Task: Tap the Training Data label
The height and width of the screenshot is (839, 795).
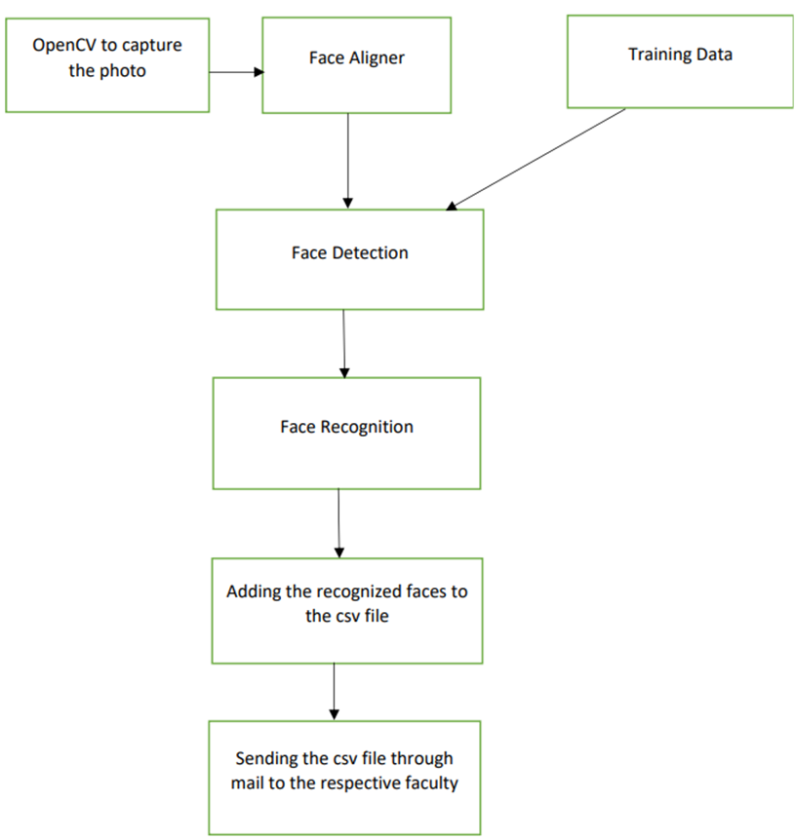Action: click(x=680, y=55)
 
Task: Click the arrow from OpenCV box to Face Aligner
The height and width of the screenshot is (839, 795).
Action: click(x=235, y=71)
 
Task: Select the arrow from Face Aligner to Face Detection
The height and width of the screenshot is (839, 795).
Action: click(x=348, y=161)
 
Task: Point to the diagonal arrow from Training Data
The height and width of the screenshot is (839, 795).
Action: click(x=537, y=159)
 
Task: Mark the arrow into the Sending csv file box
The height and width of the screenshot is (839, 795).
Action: click(x=335, y=691)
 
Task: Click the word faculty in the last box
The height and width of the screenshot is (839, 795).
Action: click(x=429, y=782)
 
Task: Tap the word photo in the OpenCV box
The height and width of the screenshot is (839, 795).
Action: click(x=125, y=70)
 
